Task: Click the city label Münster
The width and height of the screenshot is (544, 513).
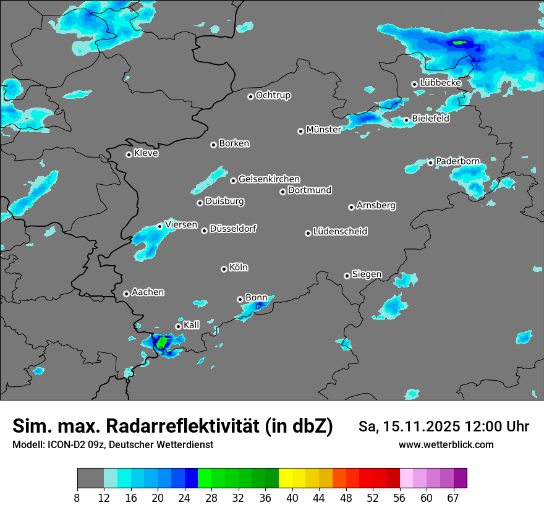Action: point(323,130)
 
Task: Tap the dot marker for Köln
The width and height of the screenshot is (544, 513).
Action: point(224,269)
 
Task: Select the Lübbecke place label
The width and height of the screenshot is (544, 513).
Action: point(440,83)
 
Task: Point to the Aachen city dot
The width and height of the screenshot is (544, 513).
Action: point(126,294)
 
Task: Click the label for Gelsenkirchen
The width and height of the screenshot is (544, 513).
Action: point(269,179)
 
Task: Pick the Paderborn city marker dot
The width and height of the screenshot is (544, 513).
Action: point(430,163)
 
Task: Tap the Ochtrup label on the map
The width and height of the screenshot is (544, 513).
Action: point(273,95)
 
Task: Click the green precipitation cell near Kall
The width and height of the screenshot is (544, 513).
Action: point(162,341)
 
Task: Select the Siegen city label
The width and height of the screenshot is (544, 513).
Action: point(367,274)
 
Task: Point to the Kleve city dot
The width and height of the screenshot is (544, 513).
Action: point(129,155)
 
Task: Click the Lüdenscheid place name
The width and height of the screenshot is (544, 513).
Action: point(340,232)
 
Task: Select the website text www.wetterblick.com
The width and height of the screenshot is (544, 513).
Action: point(446,445)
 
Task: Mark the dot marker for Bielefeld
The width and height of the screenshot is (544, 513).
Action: point(406,120)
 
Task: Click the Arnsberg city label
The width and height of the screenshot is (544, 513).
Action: point(376,205)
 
